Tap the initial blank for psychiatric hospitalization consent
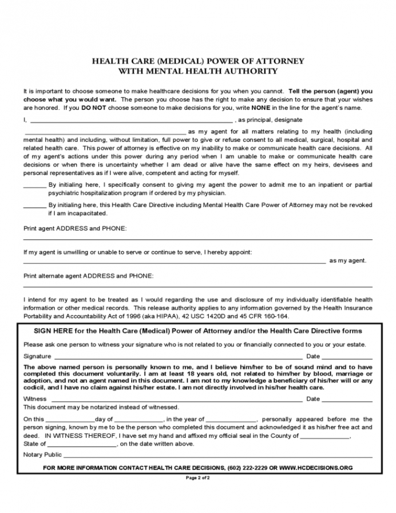click(35, 186)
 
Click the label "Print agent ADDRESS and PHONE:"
click(75, 228)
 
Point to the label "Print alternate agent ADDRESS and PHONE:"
click(88, 276)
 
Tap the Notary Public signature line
click(217, 455)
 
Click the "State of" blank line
click(82, 444)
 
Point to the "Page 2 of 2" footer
click(198, 478)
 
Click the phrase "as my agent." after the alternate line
click(347, 261)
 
